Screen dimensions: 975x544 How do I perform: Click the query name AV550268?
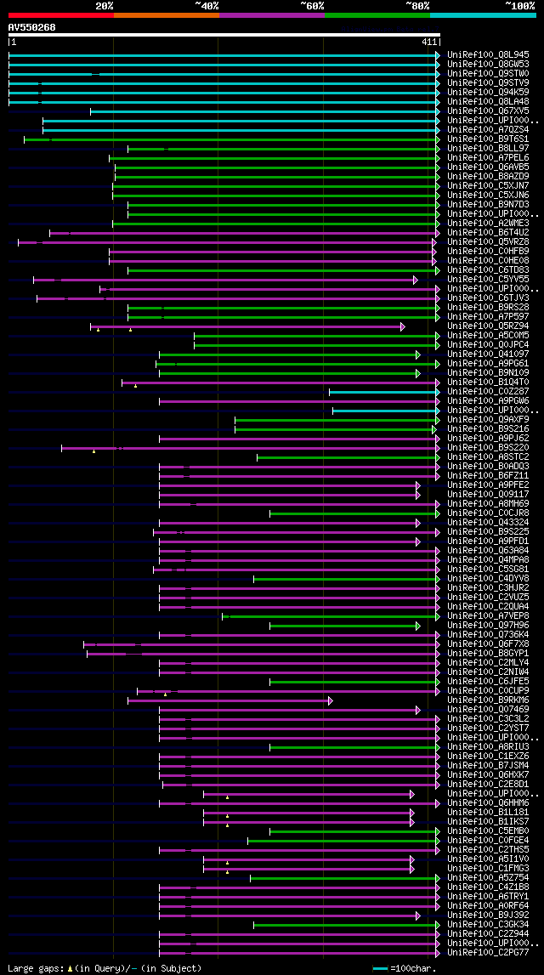[x=31, y=27]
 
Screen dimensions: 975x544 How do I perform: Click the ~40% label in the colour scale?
[x=207, y=5]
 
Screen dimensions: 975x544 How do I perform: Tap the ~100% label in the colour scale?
[x=520, y=5]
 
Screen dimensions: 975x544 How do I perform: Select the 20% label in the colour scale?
[x=105, y=5]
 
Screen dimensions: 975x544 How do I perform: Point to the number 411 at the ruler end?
[x=429, y=42]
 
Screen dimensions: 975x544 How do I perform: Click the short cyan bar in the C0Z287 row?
[x=382, y=392]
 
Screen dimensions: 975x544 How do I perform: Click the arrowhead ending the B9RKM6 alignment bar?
[x=330, y=700]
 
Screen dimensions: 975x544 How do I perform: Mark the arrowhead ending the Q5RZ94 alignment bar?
[x=403, y=326]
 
